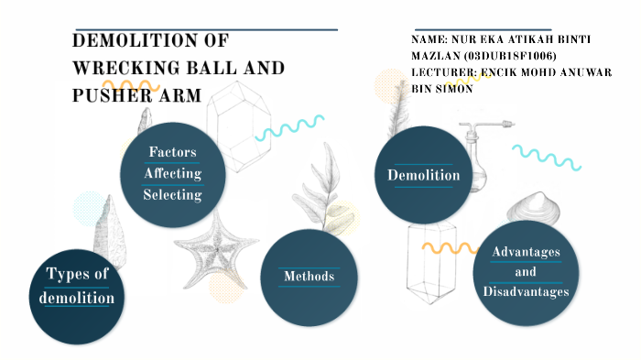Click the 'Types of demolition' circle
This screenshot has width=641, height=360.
(80, 287)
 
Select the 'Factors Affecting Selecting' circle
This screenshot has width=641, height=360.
(172, 172)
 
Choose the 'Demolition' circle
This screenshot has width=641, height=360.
(423, 175)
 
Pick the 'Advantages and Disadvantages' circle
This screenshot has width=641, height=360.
(526, 272)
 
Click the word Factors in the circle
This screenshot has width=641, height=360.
(172, 151)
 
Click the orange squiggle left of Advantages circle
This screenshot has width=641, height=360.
(449, 248)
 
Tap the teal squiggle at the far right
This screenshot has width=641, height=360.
(547, 157)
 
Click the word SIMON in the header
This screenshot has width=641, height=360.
(449, 89)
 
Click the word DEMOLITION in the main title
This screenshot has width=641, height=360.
(150, 41)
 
